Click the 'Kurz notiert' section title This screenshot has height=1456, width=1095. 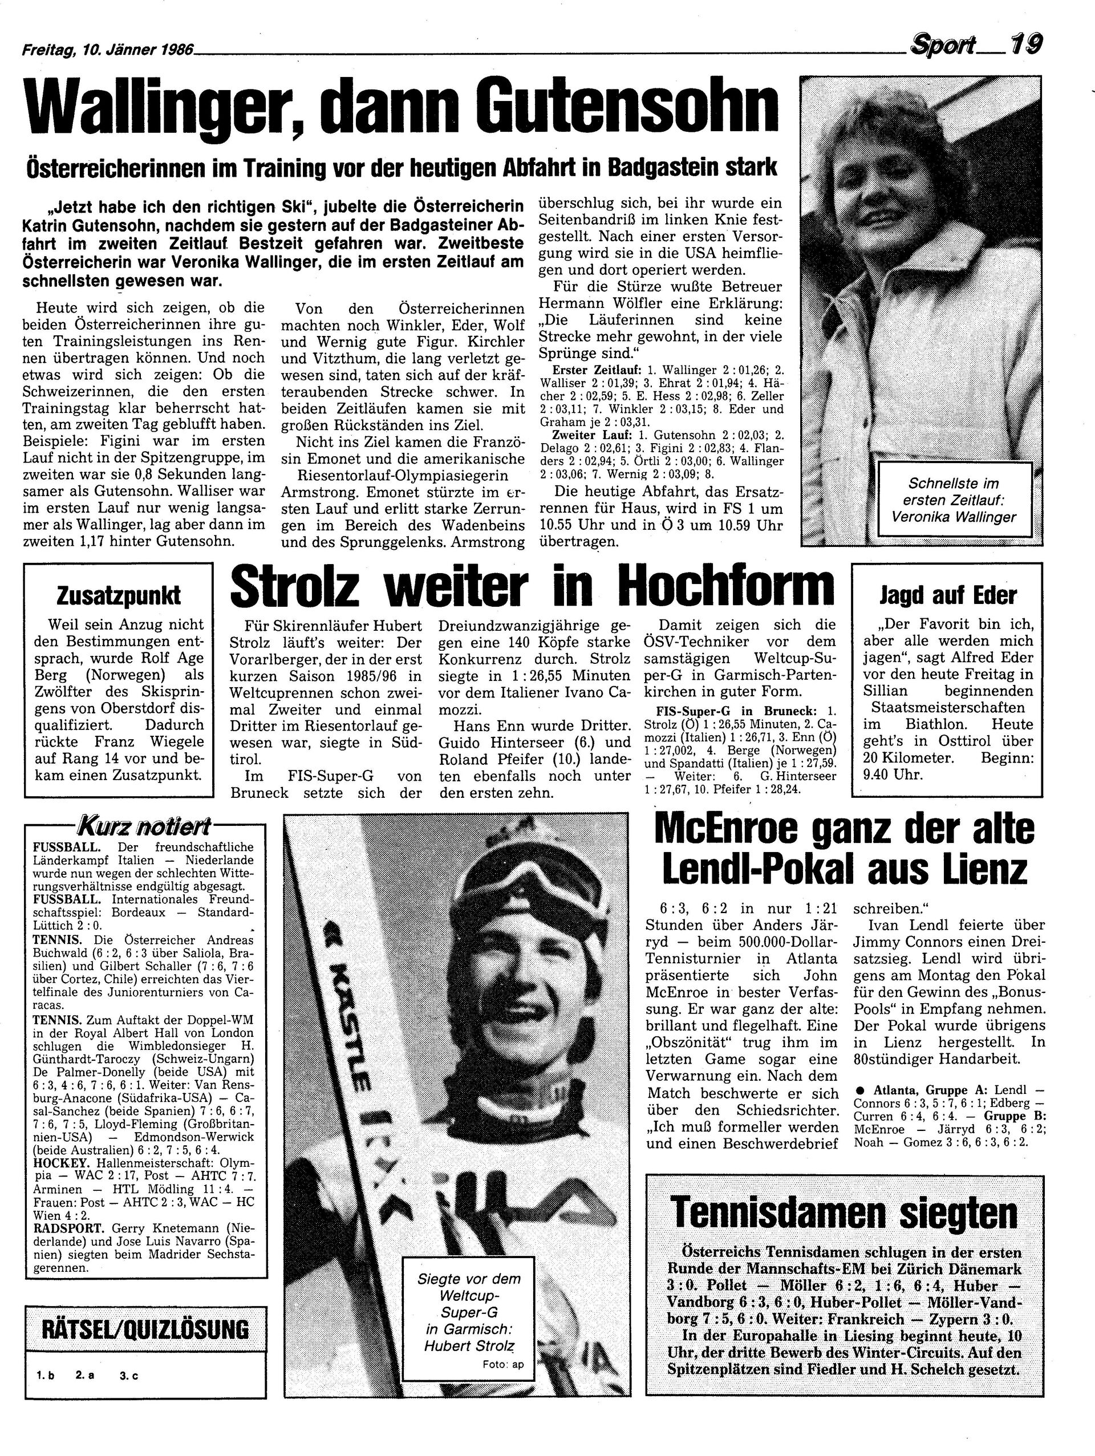pyautogui.click(x=144, y=825)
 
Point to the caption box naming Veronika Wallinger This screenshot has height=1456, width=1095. pyautogui.click(x=954, y=501)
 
